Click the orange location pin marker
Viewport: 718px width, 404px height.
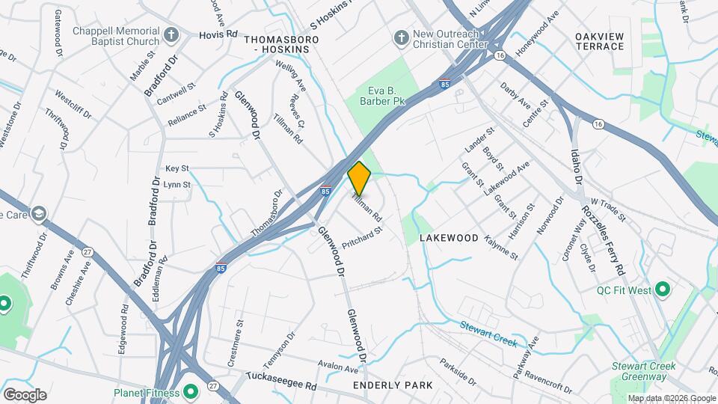[359, 179]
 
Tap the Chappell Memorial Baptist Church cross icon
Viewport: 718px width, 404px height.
[171, 34]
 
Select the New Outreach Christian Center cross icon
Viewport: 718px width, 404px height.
[400, 37]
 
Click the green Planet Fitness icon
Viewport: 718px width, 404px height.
[191, 391]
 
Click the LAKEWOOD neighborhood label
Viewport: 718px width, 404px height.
[449, 237]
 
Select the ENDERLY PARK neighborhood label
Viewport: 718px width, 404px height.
[393, 385]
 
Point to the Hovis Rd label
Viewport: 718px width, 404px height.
[218, 34]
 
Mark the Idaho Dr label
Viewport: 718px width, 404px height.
[577, 165]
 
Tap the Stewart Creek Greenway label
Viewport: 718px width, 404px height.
[644, 371]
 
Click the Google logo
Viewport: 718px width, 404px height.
[25, 394]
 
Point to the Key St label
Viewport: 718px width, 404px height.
[177, 169]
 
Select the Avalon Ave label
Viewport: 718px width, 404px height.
[337, 368]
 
